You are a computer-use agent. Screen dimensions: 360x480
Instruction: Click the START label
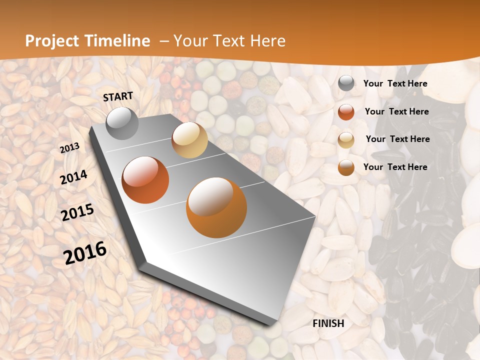(x=118, y=96)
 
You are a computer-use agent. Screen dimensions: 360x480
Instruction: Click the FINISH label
(x=328, y=323)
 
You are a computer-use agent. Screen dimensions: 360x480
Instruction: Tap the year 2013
(x=70, y=148)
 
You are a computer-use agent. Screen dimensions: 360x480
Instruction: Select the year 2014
(x=74, y=177)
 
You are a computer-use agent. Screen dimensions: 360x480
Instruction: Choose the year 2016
(x=85, y=253)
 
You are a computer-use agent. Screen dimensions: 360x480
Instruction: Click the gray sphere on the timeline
(x=122, y=123)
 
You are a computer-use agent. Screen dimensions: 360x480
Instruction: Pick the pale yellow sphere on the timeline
(x=190, y=140)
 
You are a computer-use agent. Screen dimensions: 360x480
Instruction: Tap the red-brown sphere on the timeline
(x=145, y=180)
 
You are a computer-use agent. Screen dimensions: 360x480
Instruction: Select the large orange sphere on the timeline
(x=216, y=207)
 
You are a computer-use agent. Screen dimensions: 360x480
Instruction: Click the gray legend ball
(x=346, y=83)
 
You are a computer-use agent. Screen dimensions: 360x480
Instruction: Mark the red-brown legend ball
(x=346, y=112)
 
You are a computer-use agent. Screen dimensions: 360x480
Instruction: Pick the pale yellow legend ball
(x=346, y=140)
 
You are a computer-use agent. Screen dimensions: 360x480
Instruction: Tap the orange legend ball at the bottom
(x=346, y=167)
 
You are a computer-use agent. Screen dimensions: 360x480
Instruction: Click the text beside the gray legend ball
(x=395, y=84)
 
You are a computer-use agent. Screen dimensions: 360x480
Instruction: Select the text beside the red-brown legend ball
(x=396, y=111)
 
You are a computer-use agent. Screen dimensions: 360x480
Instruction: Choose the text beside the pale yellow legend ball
(x=397, y=139)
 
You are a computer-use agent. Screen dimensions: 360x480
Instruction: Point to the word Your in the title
(x=190, y=41)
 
